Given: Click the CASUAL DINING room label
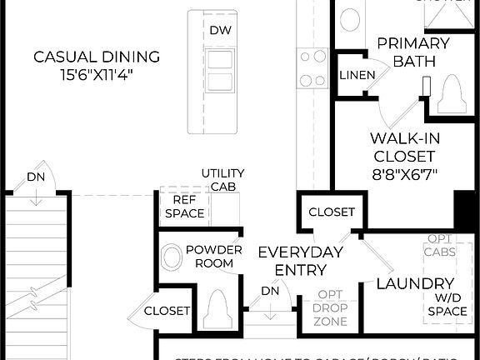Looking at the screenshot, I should [x=96, y=57].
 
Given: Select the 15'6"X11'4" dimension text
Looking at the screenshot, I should [x=96, y=75].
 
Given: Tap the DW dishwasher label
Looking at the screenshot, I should [x=220, y=31].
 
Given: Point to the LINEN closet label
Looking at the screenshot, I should [x=356, y=75].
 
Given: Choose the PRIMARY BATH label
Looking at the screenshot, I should [x=413, y=51].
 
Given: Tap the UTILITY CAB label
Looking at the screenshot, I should [x=222, y=179].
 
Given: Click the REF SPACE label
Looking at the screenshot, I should [x=183, y=207].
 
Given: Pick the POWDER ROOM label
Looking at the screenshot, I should [x=214, y=256].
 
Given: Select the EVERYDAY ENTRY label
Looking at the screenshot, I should [x=300, y=261].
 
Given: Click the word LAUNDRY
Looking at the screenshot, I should [x=415, y=283].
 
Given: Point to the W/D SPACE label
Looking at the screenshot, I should [x=447, y=304].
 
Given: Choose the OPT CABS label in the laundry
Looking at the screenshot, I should [x=439, y=244].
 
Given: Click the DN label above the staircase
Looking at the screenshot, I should [x=35, y=177].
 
